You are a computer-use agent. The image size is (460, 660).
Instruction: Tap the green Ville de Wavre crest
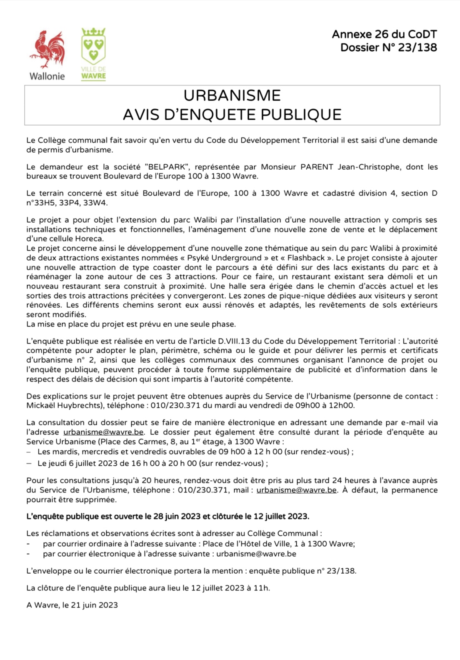[x=94, y=46]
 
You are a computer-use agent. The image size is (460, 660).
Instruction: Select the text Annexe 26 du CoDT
[x=384, y=35]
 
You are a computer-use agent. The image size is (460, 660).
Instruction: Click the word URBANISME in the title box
[x=232, y=95]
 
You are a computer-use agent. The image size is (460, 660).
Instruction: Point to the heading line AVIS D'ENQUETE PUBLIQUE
[x=232, y=115]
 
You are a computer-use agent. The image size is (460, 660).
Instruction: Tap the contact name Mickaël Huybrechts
[x=65, y=405]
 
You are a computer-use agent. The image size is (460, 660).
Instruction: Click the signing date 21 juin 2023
[x=94, y=605]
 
